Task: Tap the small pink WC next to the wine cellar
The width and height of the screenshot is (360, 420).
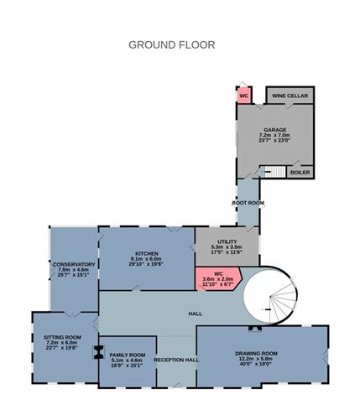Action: (244, 96)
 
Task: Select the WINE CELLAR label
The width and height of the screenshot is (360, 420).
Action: (290, 96)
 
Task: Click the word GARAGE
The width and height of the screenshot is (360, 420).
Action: (275, 129)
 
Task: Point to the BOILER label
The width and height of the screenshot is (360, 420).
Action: (300, 173)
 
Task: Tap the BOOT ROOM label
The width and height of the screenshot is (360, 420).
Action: (248, 203)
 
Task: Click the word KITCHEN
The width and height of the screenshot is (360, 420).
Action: (147, 253)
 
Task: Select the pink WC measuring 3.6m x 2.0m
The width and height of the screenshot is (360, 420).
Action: (217, 277)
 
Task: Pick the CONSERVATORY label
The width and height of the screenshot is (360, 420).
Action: (74, 264)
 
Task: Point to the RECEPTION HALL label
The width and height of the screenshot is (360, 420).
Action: (176, 360)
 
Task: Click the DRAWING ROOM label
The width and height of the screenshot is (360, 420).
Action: (256, 353)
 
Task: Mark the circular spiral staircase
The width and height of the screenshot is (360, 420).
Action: (270, 295)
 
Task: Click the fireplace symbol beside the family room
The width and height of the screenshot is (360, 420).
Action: (99, 351)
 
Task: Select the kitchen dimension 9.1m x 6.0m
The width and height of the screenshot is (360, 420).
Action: (147, 260)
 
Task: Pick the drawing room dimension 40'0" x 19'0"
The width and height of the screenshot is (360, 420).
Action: (256, 366)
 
